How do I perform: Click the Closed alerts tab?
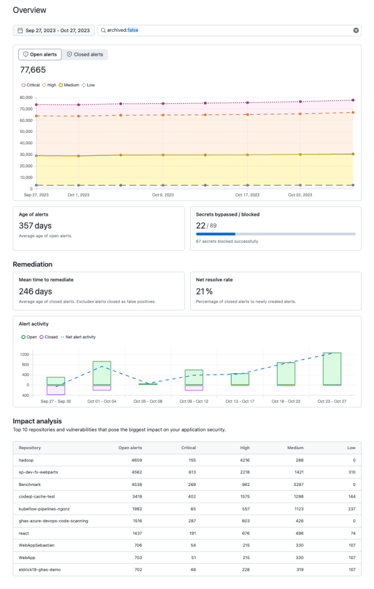click(x=85, y=55)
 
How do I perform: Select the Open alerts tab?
click(x=40, y=55)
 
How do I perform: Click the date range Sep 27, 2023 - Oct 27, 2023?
click(x=53, y=30)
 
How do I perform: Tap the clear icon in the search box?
click(x=356, y=30)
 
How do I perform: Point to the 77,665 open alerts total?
click(x=33, y=70)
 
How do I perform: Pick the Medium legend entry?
click(x=68, y=85)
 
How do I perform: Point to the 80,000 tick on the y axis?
click(x=25, y=98)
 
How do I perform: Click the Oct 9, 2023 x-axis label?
click(x=163, y=195)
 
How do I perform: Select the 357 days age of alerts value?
click(x=35, y=226)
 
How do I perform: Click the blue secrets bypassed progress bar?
click(x=215, y=234)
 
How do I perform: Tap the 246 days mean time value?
click(x=35, y=292)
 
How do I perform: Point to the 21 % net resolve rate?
click(x=204, y=292)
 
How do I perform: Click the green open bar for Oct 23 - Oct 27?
click(x=331, y=369)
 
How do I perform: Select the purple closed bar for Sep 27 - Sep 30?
click(x=56, y=389)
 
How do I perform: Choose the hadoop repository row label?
click(x=27, y=461)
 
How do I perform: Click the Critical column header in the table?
click(x=188, y=448)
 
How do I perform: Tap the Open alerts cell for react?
click(x=133, y=533)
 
